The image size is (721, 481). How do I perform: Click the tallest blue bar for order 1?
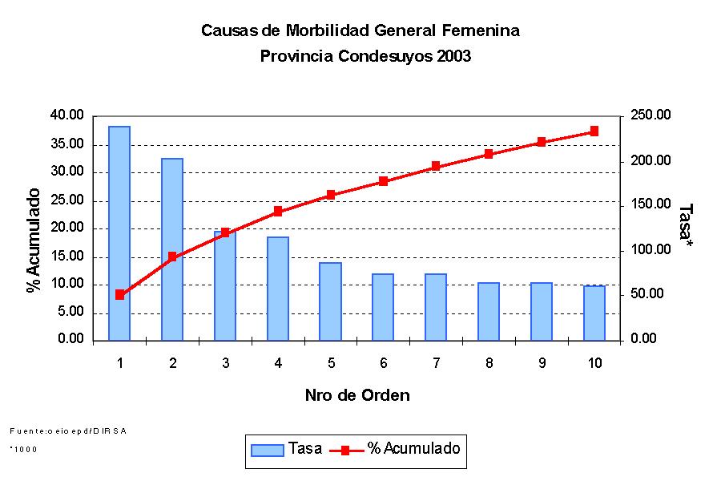(119, 232)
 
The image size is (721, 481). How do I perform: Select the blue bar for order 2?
(172, 249)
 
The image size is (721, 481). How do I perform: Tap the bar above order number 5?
(330, 301)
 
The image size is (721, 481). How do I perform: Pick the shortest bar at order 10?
(594, 313)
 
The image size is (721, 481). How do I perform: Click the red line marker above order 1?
(119, 294)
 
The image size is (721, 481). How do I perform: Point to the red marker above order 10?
(594, 131)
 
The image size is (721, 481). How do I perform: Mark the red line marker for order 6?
(383, 181)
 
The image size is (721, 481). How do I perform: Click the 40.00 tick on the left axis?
(67, 115)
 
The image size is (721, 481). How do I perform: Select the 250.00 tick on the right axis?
(648, 115)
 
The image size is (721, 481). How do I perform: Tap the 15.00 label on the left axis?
(67, 257)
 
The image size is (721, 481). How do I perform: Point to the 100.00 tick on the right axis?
(648, 250)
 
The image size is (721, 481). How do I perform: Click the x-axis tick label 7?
(436, 363)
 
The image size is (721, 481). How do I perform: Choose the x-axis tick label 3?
(225, 363)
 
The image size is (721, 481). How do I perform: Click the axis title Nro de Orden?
(357, 395)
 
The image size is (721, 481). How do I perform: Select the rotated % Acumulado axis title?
(34, 240)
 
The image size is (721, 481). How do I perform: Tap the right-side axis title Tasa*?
(685, 224)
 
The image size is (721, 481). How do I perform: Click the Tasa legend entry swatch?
(268, 450)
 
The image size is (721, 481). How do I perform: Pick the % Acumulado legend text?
(413, 449)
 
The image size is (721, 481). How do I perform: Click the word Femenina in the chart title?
(481, 31)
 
